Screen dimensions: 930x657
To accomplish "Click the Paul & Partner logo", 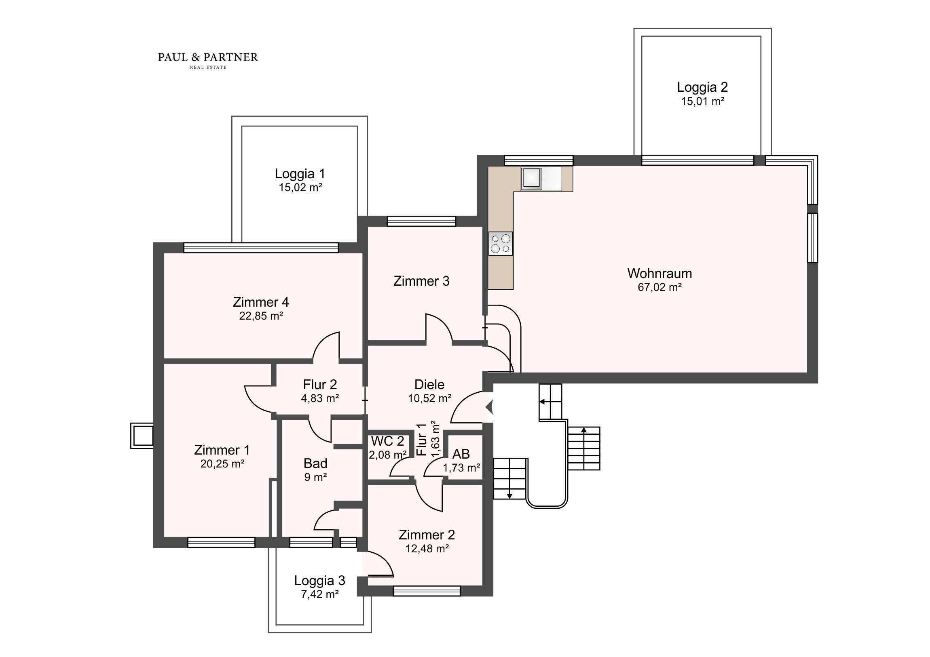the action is click(x=208, y=60).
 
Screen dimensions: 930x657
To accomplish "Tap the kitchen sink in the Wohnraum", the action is click(x=531, y=179).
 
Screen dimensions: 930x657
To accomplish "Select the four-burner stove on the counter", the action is click(x=501, y=243).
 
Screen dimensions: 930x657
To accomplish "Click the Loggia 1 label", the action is click(x=300, y=174).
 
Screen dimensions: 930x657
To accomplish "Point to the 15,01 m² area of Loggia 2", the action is click(x=703, y=101).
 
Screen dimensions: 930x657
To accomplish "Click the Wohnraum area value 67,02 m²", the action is click(x=660, y=287).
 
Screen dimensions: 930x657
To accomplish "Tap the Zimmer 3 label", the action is click(x=422, y=281).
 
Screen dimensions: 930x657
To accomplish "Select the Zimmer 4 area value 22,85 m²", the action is click(x=261, y=316).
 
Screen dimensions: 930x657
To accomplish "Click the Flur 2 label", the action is click(x=320, y=384).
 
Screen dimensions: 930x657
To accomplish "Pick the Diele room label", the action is click(x=429, y=384).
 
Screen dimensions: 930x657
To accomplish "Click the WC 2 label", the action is click(x=388, y=441).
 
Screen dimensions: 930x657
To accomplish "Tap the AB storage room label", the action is click(x=461, y=454).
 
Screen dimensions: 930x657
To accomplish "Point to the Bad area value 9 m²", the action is click(x=315, y=477).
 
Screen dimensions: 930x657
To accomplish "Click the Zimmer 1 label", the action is click(x=222, y=450).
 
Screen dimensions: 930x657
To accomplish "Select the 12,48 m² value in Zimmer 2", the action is click(x=427, y=549).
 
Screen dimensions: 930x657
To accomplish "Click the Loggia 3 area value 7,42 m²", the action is click(x=320, y=594).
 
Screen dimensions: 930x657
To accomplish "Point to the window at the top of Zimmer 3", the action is click(x=421, y=221).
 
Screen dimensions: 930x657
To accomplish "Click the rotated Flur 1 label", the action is click(x=422, y=440).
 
